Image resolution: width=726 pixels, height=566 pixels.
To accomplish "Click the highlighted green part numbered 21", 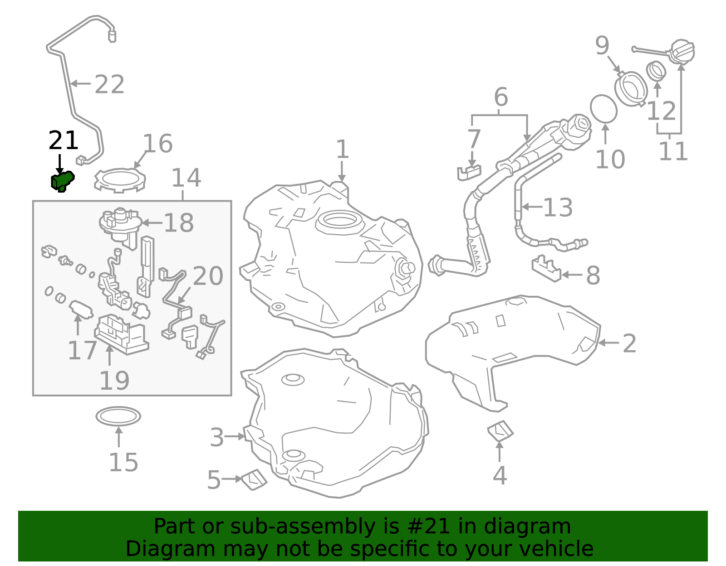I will pyautogui.click(x=62, y=181).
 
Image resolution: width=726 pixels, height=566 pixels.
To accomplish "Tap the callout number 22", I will pyautogui.click(x=109, y=85).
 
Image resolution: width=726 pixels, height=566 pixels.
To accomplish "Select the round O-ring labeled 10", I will pyautogui.click(x=603, y=109).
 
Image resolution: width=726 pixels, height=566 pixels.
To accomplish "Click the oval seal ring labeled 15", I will pyautogui.click(x=118, y=416).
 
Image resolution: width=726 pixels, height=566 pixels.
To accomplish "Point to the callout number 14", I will pyautogui.click(x=186, y=178).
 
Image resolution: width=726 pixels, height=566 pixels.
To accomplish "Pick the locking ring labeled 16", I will pyautogui.click(x=119, y=180).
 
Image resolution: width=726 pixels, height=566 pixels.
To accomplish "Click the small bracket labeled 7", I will pyautogui.click(x=469, y=173).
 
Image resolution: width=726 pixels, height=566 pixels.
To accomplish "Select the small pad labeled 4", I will pyautogui.click(x=500, y=431).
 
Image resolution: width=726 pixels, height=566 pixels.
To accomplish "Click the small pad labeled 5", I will pyautogui.click(x=254, y=479).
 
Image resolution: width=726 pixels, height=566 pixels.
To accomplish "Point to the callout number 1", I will pyautogui.click(x=342, y=150).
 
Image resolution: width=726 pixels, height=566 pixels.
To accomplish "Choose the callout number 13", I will pyautogui.click(x=558, y=208).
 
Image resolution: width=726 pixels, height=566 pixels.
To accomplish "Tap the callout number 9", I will pyautogui.click(x=602, y=46).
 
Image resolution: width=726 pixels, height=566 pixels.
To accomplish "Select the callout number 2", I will pyautogui.click(x=629, y=343).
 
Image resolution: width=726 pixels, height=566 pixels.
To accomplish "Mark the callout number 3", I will pyautogui.click(x=217, y=438).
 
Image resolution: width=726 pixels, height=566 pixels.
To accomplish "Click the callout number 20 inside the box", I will pyautogui.click(x=208, y=276).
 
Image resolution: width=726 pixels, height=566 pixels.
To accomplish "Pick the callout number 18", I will pyautogui.click(x=178, y=223).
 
